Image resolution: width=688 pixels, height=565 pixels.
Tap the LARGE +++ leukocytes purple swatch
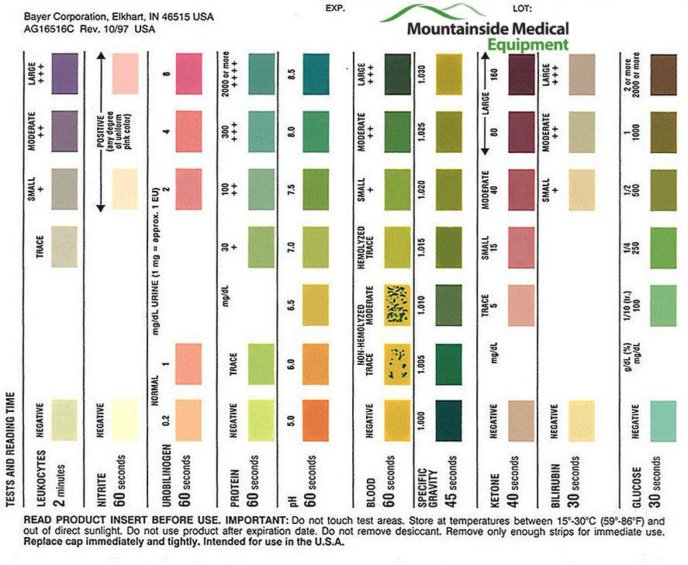[x=64, y=74]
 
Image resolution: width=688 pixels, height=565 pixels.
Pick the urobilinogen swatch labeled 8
[x=188, y=74]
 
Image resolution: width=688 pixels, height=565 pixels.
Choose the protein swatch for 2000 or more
[x=261, y=74]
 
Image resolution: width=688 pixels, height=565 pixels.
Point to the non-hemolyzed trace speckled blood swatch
[x=396, y=362]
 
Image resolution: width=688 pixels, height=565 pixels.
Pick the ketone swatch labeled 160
[x=521, y=74]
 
